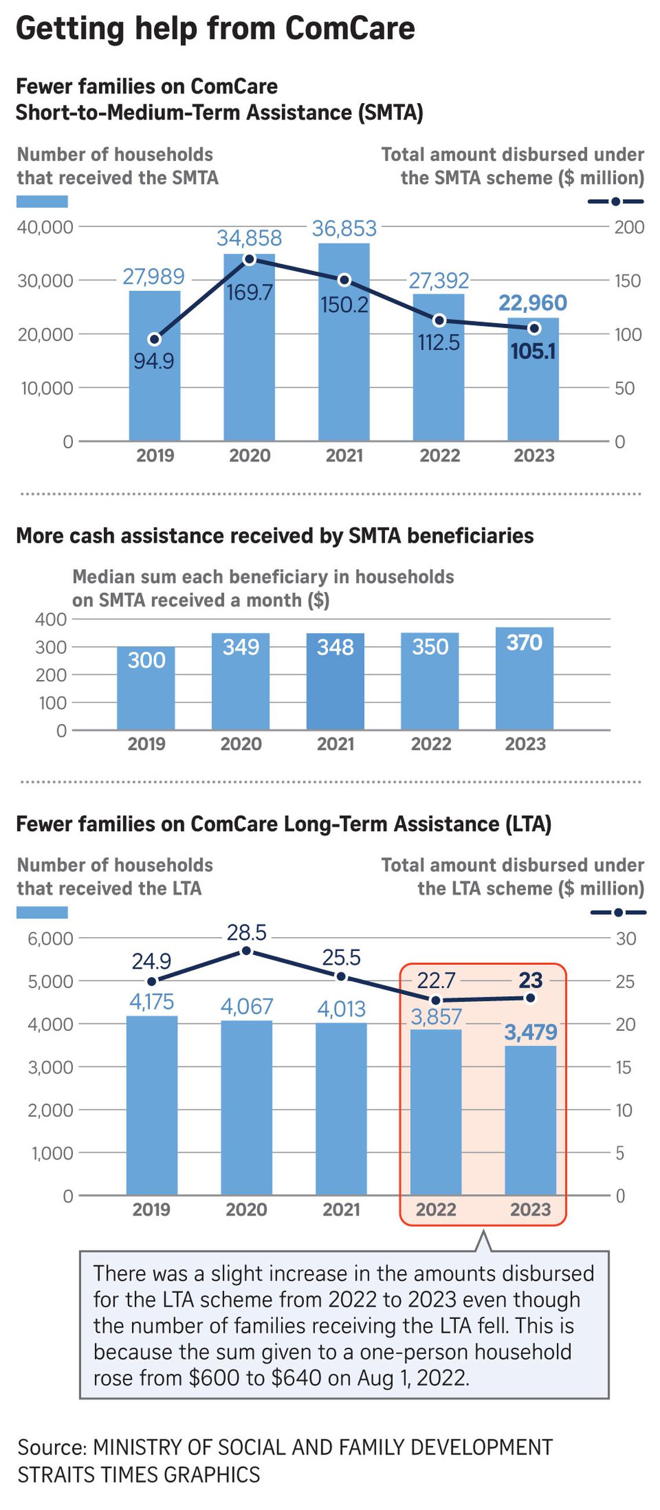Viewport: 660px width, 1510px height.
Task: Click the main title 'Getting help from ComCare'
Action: point(215,28)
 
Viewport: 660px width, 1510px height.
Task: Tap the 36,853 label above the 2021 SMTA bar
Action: point(344,229)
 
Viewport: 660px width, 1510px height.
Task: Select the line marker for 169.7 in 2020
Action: point(249,259)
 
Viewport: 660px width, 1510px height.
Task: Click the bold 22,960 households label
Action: point(532,303)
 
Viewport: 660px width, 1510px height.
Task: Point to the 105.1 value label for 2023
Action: point(532,351)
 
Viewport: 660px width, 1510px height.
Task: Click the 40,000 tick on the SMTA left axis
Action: point(45,228)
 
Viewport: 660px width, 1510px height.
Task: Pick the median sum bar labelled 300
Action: point(146,688)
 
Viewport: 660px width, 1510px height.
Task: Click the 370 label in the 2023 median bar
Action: point(524,643)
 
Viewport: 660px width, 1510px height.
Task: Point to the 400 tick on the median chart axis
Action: point(51,619)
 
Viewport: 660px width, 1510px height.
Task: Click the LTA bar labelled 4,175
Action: point(152,1105)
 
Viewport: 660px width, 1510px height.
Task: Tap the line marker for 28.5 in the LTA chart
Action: point(246,951)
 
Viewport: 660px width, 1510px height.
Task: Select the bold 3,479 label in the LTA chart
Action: point(530,1032)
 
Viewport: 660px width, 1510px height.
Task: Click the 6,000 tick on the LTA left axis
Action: point(50,938)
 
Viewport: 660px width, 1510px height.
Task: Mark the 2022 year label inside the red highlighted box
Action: point(435,1209)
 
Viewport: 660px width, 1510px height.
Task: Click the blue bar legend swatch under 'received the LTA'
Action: point(42,912)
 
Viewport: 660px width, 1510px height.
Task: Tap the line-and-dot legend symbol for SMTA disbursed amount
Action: point(615,202)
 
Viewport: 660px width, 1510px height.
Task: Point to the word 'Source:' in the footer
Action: point(52,1447)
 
